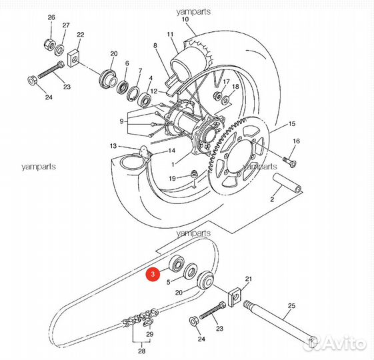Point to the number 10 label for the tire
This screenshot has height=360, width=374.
point(185,20)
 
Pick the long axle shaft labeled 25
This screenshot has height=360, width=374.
point(280,326)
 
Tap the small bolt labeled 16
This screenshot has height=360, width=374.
point(289,160)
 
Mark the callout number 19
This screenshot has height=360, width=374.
point(171,178)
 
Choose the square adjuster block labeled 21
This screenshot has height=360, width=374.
point(113,145)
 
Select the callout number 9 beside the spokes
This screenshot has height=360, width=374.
point(121,121)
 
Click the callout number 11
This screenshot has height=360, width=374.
point(170,34)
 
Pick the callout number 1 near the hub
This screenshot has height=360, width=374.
point(172,163)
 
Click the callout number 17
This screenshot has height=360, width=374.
point(226,82)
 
